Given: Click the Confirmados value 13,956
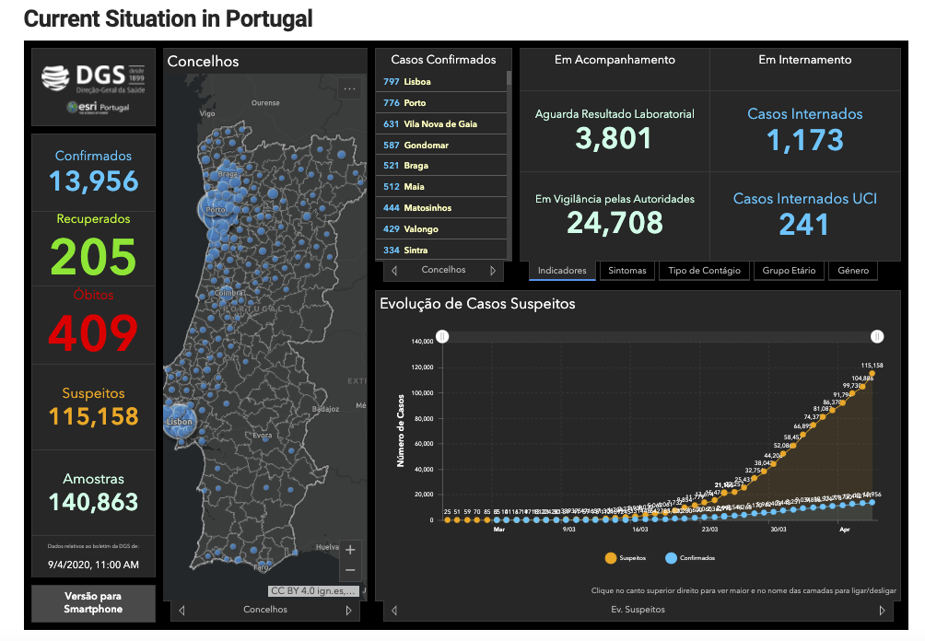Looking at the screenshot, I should [94, 180].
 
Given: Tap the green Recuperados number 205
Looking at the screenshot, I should [94, 256].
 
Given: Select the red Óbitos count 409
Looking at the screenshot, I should [94, 332].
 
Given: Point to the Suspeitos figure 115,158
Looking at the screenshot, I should [94, 416].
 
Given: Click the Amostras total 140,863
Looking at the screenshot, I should [94, 502].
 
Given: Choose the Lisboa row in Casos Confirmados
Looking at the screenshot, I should [442, 82].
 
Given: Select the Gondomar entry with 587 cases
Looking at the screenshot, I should [442, 145].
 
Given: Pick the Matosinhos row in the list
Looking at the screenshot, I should [442, 208].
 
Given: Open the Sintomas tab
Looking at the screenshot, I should [627, 271].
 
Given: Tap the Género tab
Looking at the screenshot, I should [852, 271].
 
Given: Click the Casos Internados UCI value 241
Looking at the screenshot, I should [804, 224].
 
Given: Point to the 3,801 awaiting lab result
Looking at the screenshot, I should [614, 138].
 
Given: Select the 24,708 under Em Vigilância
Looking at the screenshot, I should [614, 222].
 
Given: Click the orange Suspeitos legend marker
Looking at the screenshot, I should [610, 558].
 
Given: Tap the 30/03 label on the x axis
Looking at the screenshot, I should [778, 530].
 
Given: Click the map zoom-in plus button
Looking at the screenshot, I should [350, 550].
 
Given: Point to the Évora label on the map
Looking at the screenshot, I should [263, 435].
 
